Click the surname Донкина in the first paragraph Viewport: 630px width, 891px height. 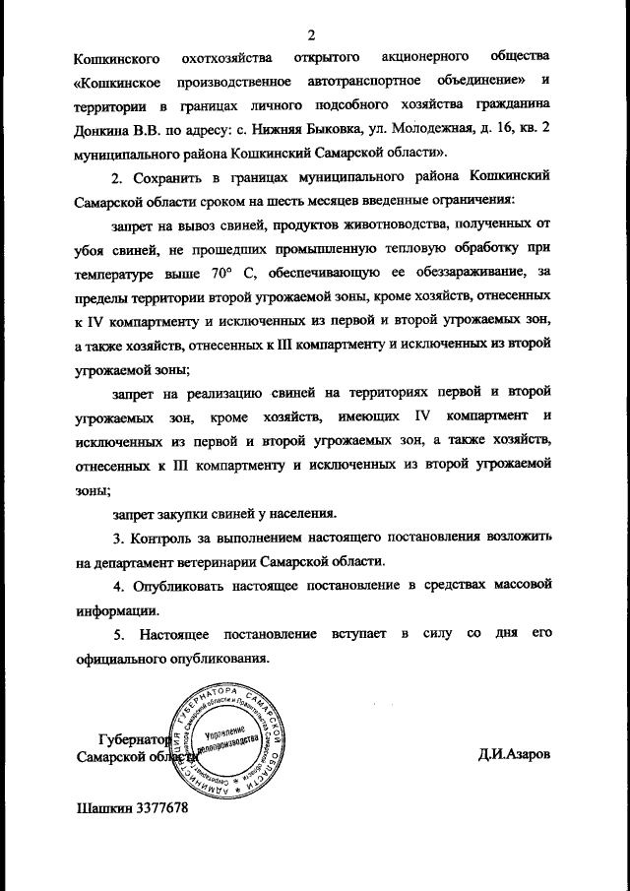tap(100, 128)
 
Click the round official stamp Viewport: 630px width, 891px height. tap(231, 738)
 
